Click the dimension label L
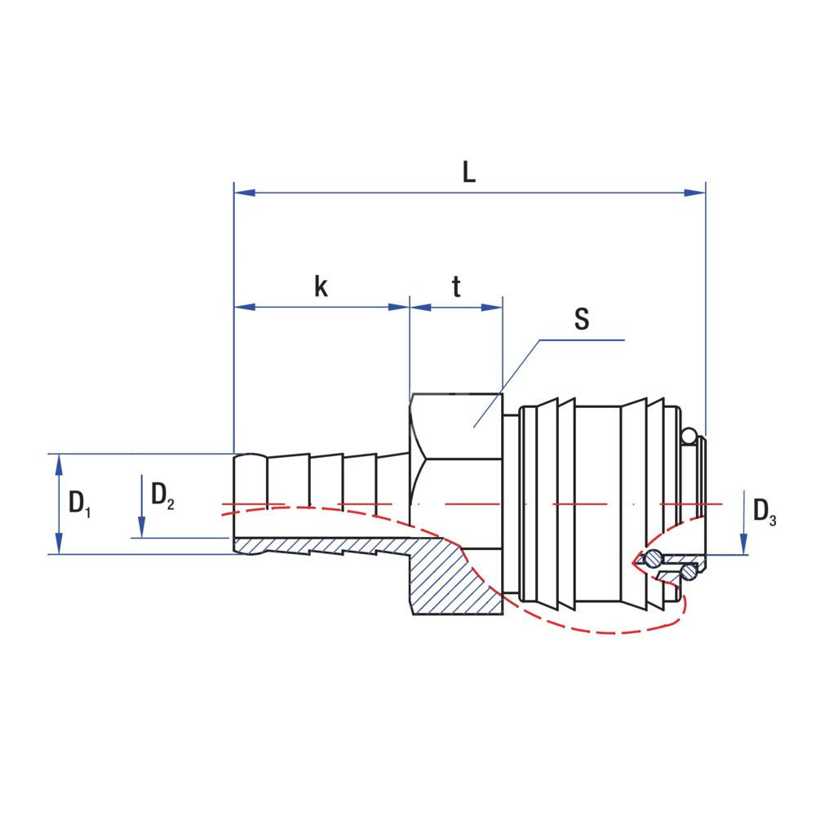coord(469,172)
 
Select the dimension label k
coord(322,286)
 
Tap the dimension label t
coord(456,286)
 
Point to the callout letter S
coord(581,319)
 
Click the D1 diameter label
coord(79,503)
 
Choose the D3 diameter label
coord(764,512)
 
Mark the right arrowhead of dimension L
coord(694,193)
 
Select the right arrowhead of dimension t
coord(492,308)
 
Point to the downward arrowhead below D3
coord(743,545)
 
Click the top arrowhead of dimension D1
coord(59,463)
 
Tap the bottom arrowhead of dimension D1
coord(59,544)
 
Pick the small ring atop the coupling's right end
coord(690,437)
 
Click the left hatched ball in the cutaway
coord(652,560)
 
